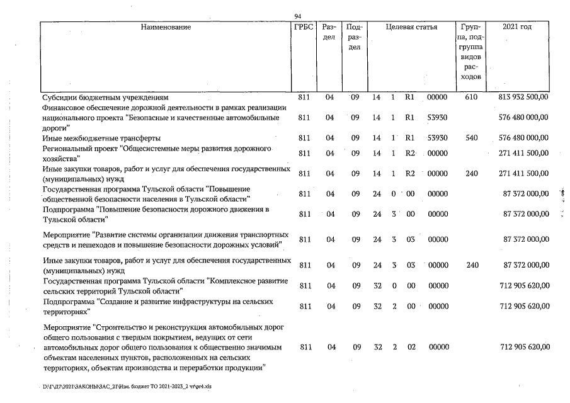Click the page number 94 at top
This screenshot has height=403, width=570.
coord(298,16)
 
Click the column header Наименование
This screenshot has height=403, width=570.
coord(166,27)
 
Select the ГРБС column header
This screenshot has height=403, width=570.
coord(304,27)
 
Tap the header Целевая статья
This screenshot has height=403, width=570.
coord(411,27)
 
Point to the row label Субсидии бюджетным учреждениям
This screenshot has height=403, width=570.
coord(105,98)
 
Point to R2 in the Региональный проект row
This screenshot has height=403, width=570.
coord(409,152)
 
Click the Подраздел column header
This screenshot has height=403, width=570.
coord(355,38)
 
